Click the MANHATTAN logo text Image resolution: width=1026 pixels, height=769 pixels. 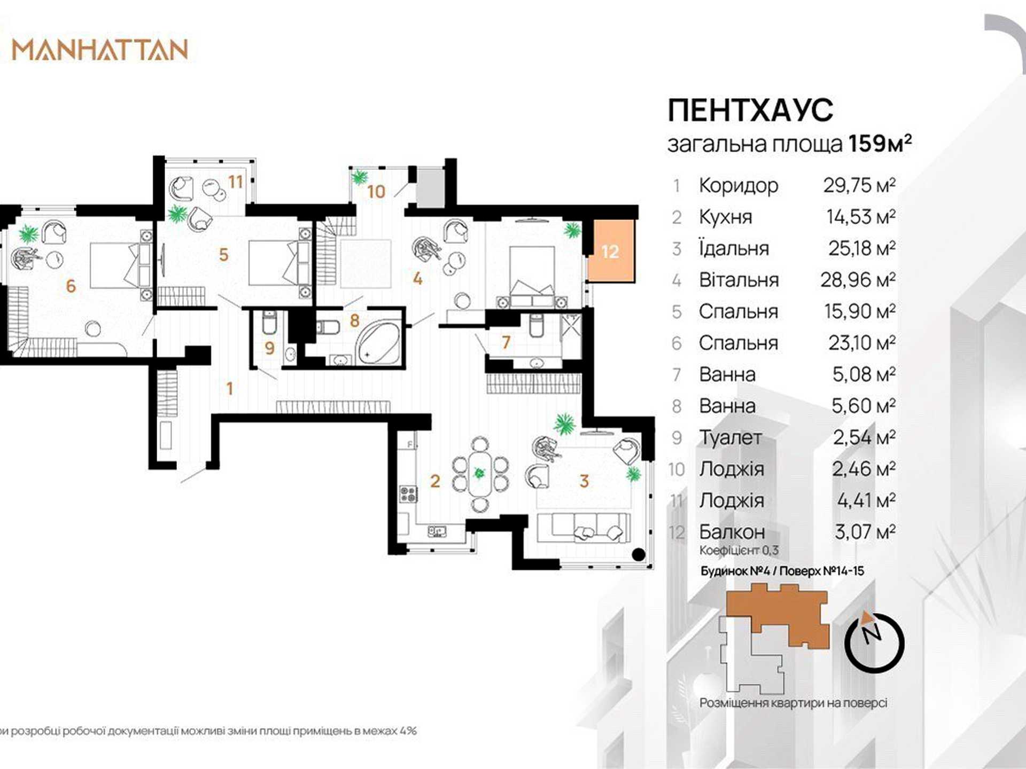tap(100, 50)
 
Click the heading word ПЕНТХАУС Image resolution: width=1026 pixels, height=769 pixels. tap(750, 110)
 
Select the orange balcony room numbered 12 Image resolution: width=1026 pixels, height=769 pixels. tap(611, 251)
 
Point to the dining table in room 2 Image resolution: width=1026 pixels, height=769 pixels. tap(479, 473)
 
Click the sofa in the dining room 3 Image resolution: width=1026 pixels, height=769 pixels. tap(584, 528)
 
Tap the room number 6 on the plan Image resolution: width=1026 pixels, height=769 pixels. tap(71, 286)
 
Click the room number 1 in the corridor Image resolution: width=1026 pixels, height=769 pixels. tap(230, 388)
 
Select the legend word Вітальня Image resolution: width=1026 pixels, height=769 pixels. tap(739, 280)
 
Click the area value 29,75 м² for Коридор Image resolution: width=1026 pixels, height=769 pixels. tap(859, 185)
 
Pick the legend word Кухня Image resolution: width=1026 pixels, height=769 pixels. tap(725, 217)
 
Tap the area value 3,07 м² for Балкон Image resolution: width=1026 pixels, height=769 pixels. tap(865, 531)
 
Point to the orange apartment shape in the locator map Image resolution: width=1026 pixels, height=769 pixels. tap(778, 614)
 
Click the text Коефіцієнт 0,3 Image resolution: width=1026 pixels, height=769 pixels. tap(739, 550)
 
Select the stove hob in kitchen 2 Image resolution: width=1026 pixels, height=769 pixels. tap(409, 494)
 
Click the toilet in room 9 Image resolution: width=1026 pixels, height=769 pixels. tap(269, 322)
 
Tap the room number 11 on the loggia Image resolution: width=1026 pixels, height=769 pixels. tap(236, 182)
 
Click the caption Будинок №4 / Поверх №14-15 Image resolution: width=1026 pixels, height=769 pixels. tap(782, 571)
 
